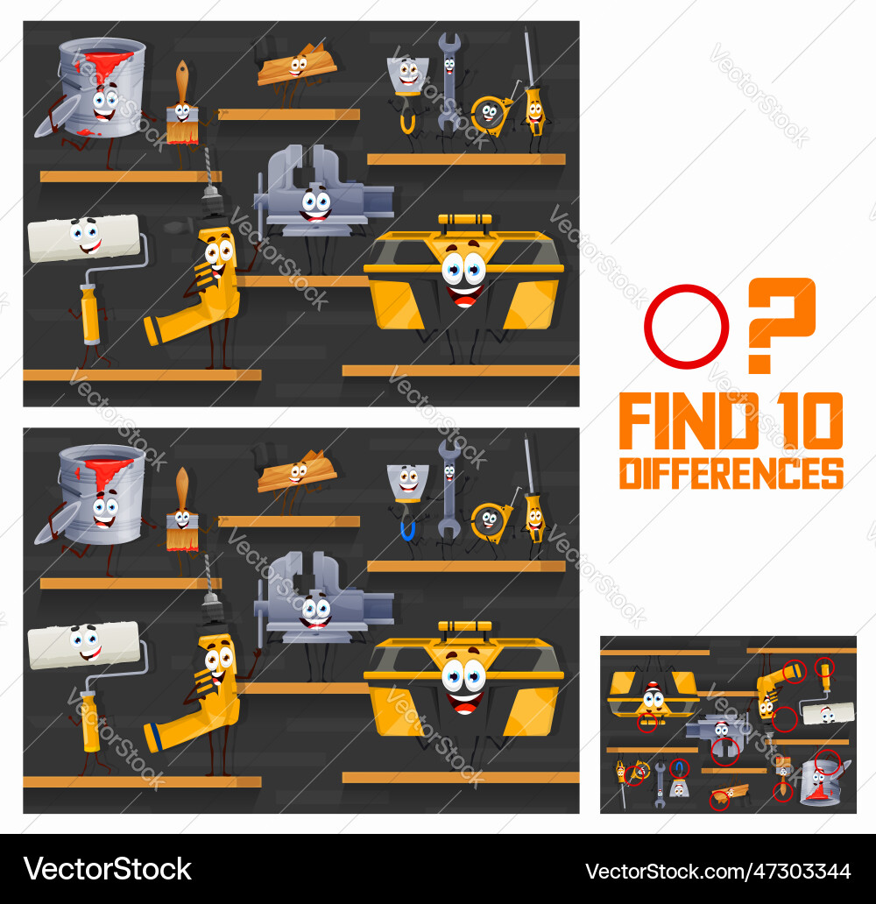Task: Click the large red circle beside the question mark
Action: (686, 327)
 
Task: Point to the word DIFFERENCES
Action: (731, 472)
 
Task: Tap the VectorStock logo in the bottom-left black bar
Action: (108, 869)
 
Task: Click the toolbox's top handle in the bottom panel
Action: (464, 626)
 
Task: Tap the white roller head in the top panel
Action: (83, 238)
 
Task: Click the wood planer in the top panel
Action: (296, 65)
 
